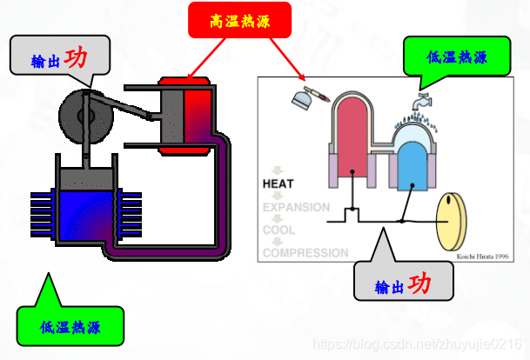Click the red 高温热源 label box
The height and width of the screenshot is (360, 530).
point(239,21)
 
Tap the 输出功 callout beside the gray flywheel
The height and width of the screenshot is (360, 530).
point(60,58)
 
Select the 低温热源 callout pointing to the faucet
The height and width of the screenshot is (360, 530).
point(456,57)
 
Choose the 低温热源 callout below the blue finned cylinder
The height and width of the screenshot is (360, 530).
point(70,326)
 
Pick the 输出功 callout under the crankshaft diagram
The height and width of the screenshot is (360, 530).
point(404,285)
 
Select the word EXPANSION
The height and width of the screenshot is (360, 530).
point(296,208)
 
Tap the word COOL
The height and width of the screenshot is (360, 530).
point(279,230)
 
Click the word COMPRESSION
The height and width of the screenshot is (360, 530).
point(305,253)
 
